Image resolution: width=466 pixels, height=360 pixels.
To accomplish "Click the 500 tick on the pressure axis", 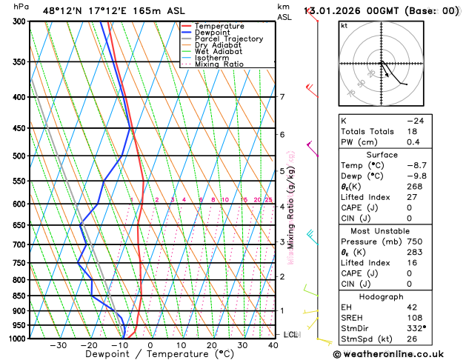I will pos(19,156).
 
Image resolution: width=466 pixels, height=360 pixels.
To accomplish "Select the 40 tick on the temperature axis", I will pos(273,345).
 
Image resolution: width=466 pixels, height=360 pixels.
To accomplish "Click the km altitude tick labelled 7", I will pos(282,97).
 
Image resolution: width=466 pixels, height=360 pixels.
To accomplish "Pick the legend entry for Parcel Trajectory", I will pos(228,39).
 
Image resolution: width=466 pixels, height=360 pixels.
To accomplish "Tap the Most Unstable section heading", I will pos(397,231).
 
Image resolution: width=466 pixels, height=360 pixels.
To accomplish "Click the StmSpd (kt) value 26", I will pos(432,339).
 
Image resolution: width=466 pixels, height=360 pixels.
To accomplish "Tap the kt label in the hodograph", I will pos(344,26).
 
